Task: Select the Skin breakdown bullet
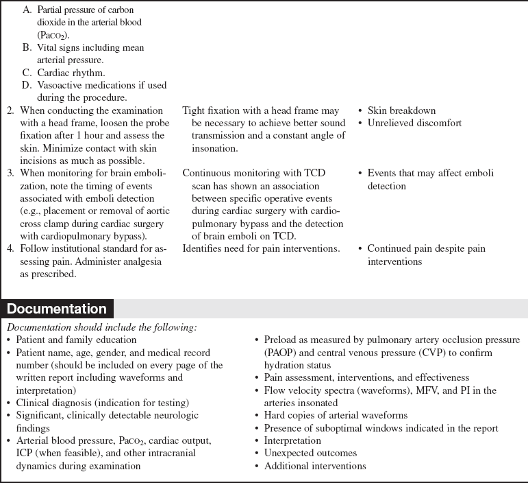click(x=401, y=110)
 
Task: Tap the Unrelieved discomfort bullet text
click(x=414, y=123)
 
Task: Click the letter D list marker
click(x=26, y=85)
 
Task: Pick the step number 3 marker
click(x=10, y=174)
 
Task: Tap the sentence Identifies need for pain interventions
click(x=261, y=248)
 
